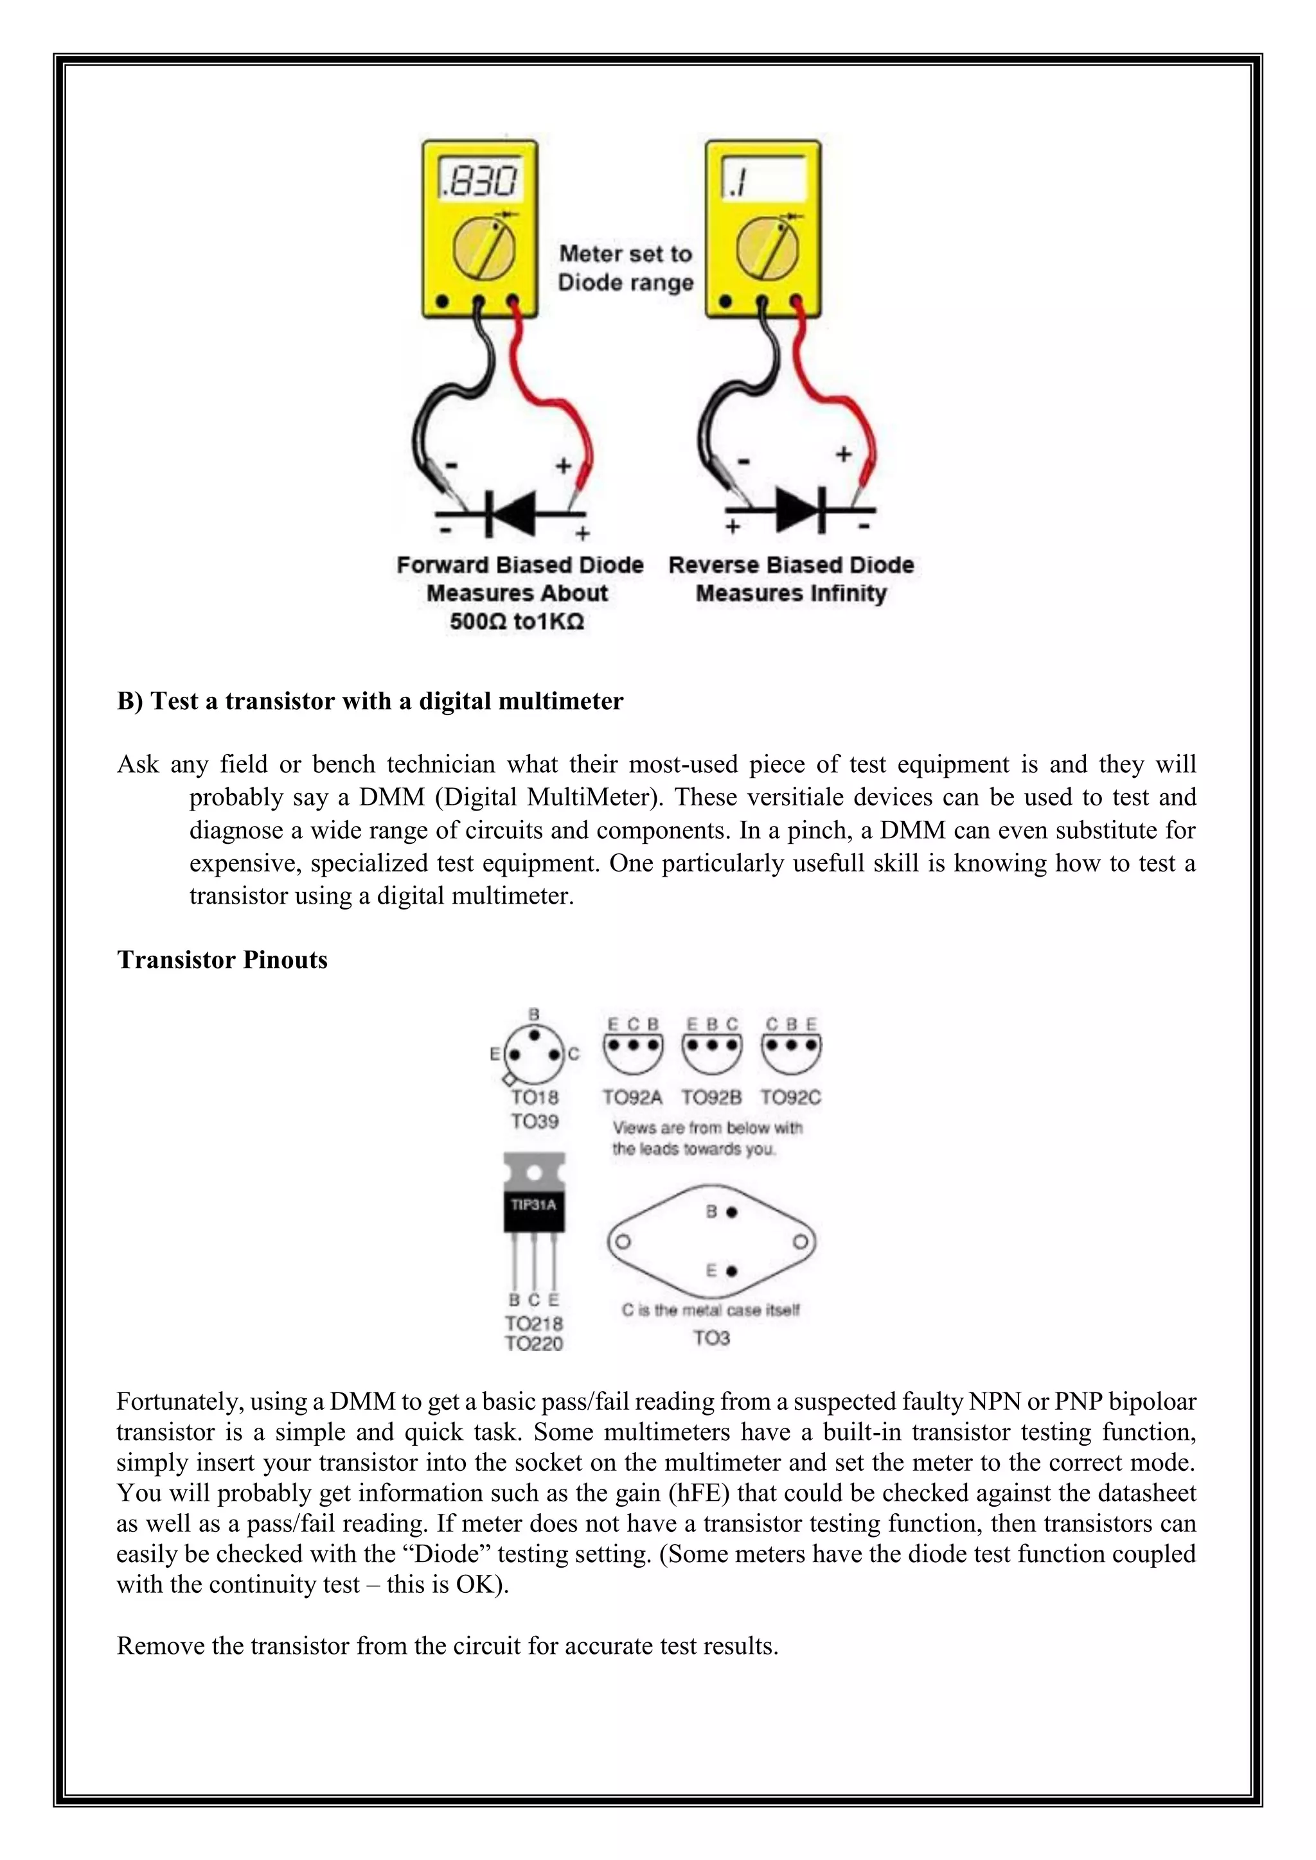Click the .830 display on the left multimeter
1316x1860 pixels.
coord(479,180)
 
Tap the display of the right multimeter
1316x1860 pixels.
coord(763,180)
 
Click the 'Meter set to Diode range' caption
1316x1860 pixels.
coord(626,268)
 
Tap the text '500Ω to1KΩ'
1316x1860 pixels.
coord(517,622)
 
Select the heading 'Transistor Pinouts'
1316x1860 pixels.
coord(222,960)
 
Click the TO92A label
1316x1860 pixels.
coord(632,1098)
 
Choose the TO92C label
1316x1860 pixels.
coord(790,1098)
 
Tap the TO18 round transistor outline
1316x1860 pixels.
coord(534,1055)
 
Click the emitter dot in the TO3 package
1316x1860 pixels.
coord(732,1271)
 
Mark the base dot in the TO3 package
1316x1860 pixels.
coord(732,1213)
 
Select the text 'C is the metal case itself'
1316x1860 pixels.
coord(711,1310)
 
